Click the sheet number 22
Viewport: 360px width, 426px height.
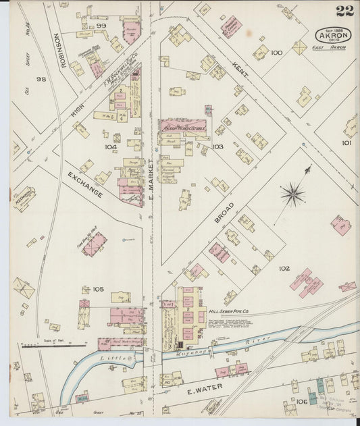tap(344, 11)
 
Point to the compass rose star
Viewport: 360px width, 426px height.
tap(292, 194)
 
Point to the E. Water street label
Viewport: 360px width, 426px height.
tap(200, 390)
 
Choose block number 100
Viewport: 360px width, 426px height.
tap(276, 52)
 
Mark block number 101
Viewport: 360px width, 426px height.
tap(346, 142)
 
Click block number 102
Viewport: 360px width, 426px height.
tap(284, 268)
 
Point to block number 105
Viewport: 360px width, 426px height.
tap(98, 289)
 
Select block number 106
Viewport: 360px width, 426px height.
tap(301, 402)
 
